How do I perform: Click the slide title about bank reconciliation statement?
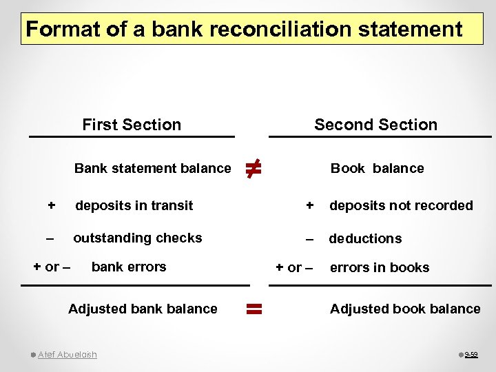(x=243, y=30)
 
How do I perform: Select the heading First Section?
(x=132, y=125)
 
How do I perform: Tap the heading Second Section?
(x=375, y=125)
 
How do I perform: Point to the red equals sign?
(x=253, y=309)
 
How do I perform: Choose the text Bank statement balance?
(x=152, y=168)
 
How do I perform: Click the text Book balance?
(x=377, y=168)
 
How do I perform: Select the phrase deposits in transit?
(x=134, y=205)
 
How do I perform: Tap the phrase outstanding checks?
(x=138, y=238)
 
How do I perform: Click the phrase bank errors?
(x=129, y=267)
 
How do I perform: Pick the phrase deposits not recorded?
(x=401, y=205)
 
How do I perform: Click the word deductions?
(x=365, y=239)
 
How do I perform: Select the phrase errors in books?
(x=380, y=268)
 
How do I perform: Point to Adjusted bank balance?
(x=143, y=309)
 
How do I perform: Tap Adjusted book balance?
(x=405, y=309)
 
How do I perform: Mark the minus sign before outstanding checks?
(x=49, y=238)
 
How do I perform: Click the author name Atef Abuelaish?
(x=68, y=355)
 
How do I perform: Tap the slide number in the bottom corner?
(x=471, y=355)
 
